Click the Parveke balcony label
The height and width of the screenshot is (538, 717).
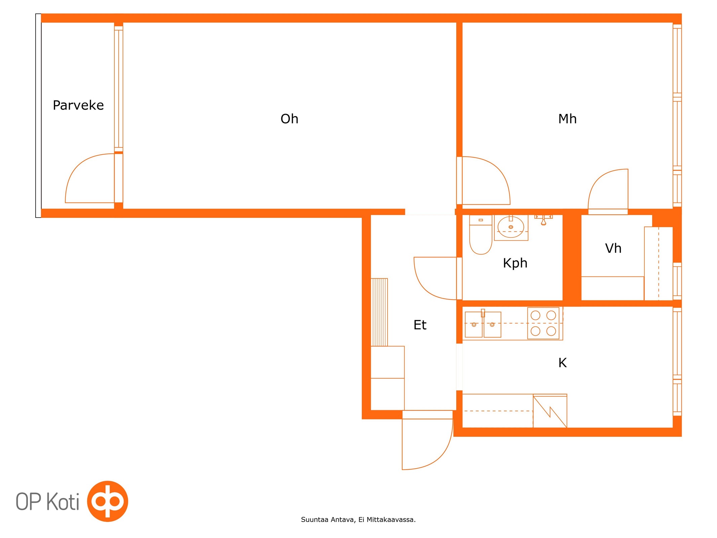[78, 105]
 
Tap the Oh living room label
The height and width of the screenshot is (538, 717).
[289, 119]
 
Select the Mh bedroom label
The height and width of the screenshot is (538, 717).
[567, 119]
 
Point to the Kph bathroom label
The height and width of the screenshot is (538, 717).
[515, 263]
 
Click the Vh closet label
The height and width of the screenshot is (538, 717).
[613, 248]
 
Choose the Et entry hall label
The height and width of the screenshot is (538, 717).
[420, 325]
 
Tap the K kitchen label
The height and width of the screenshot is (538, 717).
[562, 363]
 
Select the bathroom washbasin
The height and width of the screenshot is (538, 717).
[511, 228]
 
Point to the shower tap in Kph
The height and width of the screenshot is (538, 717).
[544, 220]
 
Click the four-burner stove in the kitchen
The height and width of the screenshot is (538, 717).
[543, 323]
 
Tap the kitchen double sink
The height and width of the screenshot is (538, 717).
[483, 324]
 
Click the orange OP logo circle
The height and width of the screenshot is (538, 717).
[108, 501]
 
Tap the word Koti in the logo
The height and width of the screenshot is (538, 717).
[63, 501]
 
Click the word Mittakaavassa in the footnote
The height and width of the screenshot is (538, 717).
[391, 520]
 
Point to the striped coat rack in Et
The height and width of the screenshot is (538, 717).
[379, 312]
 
